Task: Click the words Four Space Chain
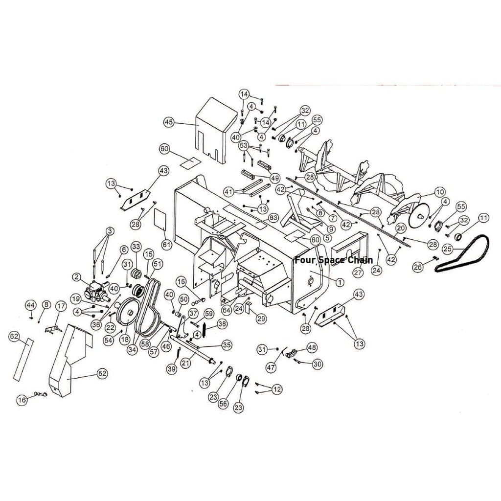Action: pyautogui.click(x=333, y=260)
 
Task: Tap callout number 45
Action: pyautogui.click(x=169, y=122)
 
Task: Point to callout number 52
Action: pyautogui.click(x=102, y=373)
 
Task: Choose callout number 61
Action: pyautogui.click(x=167, y=244)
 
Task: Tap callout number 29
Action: pyautogui.click(x=261, y=319)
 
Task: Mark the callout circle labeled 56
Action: pyautogui.click(x=223, y=403)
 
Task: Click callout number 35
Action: pyautogui.click(x=227, y=345)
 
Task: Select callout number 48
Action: pyautogui.click(x=312, y=347)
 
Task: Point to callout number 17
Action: pyautogui.click(x=61, y=307)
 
